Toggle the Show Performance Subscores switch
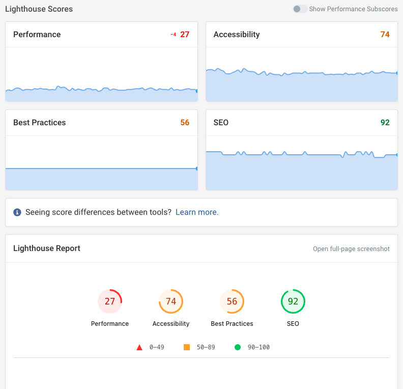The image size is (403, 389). coord(300,9)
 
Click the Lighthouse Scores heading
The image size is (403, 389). coord(39,9)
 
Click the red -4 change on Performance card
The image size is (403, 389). coord(173,35)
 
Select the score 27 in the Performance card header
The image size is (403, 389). coord(185,35)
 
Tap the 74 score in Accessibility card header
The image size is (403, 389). coord(385,35)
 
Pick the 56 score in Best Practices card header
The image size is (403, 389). coord(185,123)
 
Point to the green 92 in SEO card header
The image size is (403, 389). coord(385,123)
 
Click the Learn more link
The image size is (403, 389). coord(197,212)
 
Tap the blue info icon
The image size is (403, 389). coord(17,212)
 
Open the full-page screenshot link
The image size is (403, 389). coord(351,249)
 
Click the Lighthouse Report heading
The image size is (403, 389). coord(47,248)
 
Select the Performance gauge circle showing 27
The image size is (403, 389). coord(110,301)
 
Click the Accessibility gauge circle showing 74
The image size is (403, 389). coord(171,301)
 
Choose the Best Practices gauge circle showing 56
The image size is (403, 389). coord(232,301)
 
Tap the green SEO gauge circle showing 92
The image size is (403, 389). coord(293,301)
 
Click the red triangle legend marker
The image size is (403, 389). coord(139,347)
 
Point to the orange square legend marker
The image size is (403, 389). coord(187,347)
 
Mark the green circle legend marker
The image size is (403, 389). coord(238,347)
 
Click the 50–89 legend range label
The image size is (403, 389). coord(206,347)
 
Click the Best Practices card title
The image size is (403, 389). coord(40,123)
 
